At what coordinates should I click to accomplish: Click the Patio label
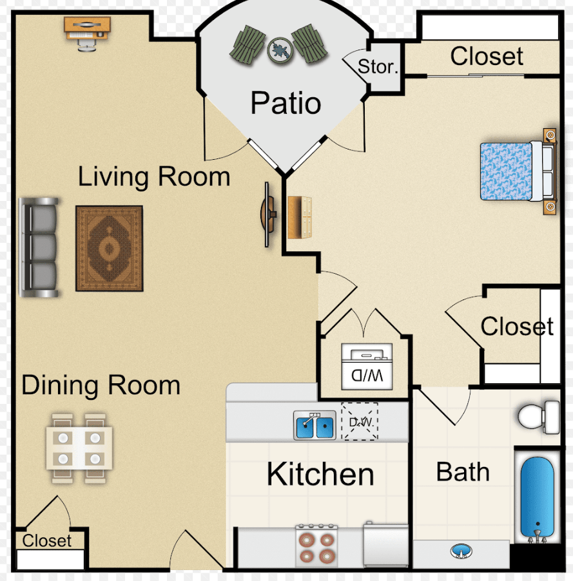pos(286,102)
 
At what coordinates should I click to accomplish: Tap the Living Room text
pos(154,176)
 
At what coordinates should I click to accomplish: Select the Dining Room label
pos(101,386)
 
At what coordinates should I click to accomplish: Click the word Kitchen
pos(320,474)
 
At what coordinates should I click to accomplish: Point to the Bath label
pos(463,472)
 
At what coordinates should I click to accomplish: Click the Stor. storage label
pos(378,67)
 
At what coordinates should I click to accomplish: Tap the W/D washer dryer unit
pos(367,367)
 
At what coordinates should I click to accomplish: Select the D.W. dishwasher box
pos(360,421)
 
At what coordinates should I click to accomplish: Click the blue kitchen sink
pos(315,425)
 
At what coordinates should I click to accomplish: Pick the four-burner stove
pos(316,546)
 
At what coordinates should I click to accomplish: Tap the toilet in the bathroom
pos(539,417)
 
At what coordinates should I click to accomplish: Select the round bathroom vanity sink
pos(461,551)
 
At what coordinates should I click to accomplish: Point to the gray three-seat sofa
pos(39,247)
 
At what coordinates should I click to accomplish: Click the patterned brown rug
pos(110,249)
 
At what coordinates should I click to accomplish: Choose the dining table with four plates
pos(79,448)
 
